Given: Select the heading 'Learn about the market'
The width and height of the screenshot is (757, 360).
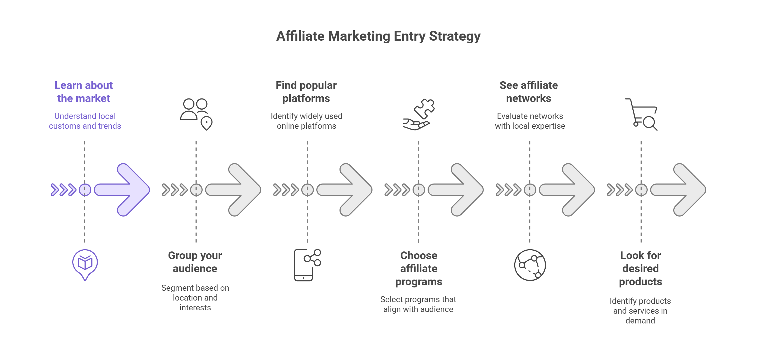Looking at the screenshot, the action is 84,92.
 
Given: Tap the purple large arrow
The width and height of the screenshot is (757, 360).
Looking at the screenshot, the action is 122,190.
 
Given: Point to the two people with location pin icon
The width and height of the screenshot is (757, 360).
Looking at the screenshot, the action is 196,114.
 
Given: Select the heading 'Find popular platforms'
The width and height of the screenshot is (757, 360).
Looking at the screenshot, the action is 306,92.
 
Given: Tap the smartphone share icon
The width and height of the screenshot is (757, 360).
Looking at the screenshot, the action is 307,265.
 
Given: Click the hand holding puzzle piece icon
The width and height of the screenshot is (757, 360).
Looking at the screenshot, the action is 419,114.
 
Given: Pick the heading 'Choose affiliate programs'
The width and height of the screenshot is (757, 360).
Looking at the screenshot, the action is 419,268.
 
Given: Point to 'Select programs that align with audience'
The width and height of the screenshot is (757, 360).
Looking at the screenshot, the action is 418,304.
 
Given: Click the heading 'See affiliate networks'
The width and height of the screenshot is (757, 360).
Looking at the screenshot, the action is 529,92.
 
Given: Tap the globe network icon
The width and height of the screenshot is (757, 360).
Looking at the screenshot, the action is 530,265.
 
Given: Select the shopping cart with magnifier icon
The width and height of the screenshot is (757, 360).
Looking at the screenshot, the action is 641,114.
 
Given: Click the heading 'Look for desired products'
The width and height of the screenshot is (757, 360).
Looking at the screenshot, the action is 641,268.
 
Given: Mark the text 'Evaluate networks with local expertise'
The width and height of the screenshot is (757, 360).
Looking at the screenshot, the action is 530,121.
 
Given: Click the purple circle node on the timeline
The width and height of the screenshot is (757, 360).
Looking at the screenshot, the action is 85,190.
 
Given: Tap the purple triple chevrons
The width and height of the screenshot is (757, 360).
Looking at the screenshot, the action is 64,190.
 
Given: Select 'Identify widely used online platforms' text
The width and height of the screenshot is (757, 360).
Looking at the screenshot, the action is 307,121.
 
